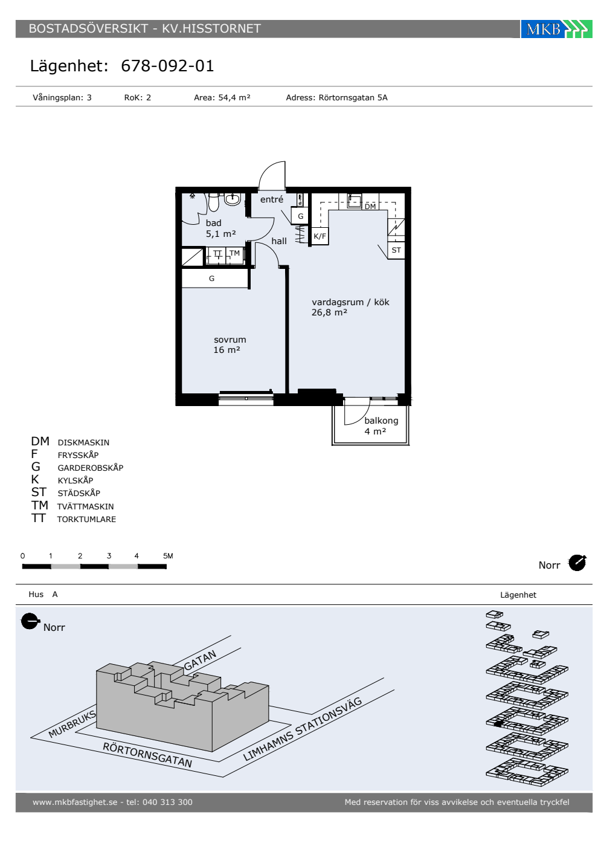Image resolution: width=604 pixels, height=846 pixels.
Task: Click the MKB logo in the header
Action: [x=556, y=29]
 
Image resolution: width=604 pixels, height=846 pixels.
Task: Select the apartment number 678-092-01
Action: [x=167, y=66]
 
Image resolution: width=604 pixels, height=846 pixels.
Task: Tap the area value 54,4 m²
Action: [x=234, y=97]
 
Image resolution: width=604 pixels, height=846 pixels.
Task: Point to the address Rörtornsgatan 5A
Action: [x=353, y=97]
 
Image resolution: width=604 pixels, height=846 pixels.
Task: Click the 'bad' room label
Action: [x=213, y=223]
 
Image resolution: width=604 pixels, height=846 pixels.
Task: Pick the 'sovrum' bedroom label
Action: [x=230, y=340]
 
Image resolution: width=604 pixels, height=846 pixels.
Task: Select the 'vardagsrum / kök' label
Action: [x=350, y=302]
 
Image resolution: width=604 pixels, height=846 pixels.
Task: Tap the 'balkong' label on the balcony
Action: [x=381, y=421]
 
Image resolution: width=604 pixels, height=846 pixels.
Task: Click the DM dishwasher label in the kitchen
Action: [x=370, y=207]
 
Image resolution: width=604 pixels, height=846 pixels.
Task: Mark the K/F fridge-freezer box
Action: [x=320, y=236]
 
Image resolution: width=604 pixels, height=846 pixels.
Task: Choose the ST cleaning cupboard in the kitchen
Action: [x=396, y=250]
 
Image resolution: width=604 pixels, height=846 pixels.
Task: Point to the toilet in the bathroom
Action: [x=214, y=202]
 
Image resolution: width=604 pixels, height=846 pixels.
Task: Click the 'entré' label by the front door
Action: [x=271, y=199]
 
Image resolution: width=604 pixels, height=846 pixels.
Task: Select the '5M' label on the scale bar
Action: [x=168, y=555]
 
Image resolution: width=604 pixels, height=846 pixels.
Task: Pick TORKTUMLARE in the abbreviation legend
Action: [x=86, y=519]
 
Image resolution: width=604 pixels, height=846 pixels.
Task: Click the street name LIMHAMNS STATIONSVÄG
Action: [x=303, y=729]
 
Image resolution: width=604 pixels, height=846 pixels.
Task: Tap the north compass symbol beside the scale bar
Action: [x=577, y=563]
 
